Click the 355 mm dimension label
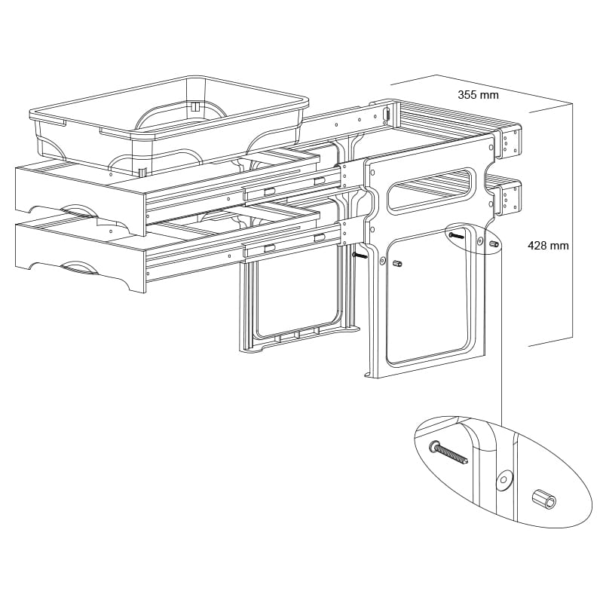click(478, 95)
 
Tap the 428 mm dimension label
click(548, 246)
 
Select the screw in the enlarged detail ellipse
click(449, 454)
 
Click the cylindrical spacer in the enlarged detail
click(543, 499)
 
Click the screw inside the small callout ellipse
click(457, 235)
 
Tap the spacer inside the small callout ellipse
click(494, 243)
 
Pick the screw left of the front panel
click(360, 256)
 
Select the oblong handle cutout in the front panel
click(430, 190)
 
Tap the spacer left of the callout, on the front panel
click(398, 263)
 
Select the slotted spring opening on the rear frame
click(387, 115)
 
